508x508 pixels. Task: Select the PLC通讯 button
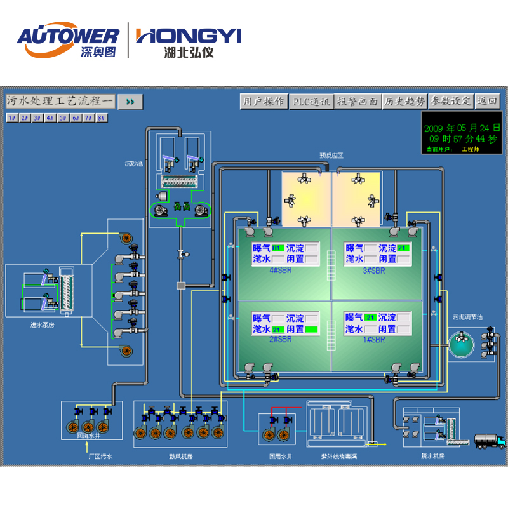point(311,102)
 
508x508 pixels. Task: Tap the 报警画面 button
point(358,102)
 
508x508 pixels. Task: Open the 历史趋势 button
point(404,102)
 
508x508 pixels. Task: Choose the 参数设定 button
point(451,102)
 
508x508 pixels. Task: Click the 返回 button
point(488,102)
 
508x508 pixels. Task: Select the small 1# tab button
point(11,117)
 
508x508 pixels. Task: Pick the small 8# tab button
point(101,117)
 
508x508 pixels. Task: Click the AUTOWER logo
point(67,37)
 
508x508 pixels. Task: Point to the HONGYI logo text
point(189,36)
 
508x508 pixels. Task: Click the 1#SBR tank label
point(375,340)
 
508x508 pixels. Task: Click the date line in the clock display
point(462,128)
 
